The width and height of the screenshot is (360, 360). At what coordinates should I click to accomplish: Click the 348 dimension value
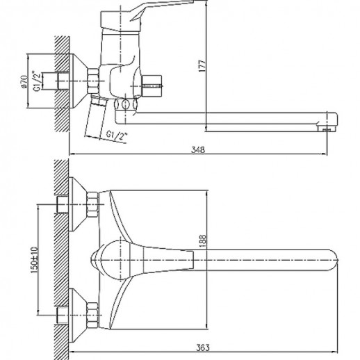(x=198, y=149)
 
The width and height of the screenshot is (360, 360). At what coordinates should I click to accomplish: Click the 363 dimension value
(x=203, y=347)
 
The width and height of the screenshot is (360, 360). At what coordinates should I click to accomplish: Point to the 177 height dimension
(x=202, y=65)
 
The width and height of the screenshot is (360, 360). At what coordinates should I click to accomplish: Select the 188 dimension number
(x=202, y=241)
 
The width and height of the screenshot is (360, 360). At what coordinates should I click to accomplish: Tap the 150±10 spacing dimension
(x=34, y=260)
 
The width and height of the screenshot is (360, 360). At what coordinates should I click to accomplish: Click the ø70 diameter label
(x=24, y=82)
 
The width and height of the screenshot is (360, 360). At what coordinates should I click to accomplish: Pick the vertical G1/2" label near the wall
(x=38, y=81)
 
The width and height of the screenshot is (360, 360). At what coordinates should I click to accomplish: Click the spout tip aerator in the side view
(x=327, y=129)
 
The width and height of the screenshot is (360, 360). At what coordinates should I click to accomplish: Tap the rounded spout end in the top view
(x=332, y=260)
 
